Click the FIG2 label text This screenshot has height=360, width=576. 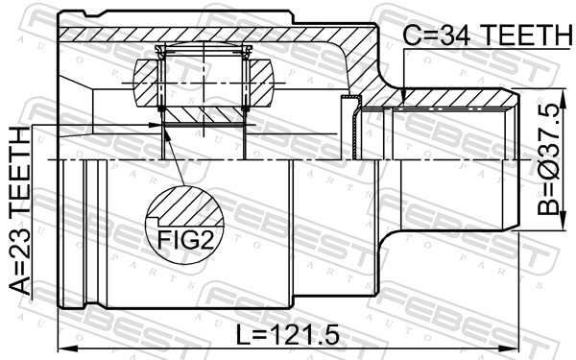[185, 240]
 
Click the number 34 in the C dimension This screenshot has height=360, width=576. [455, 35]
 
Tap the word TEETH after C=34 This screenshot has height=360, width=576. [526, 35]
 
